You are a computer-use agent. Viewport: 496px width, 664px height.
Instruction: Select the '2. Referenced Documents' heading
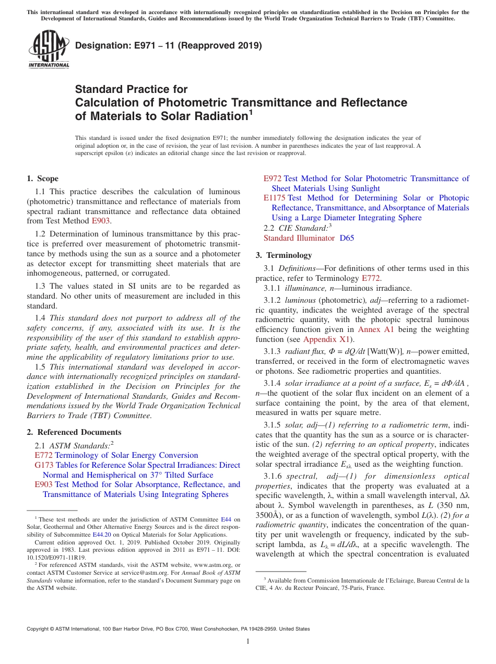74,432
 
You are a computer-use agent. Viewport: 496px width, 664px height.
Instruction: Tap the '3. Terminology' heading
284,255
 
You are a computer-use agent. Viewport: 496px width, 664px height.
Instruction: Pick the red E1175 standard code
274,198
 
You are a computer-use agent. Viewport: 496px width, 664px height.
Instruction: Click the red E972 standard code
273,179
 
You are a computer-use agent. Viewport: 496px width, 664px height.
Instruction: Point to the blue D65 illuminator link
347,238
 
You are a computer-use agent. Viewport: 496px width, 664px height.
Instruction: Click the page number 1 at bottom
248,642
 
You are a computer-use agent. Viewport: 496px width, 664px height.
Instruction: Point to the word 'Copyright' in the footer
39,629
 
